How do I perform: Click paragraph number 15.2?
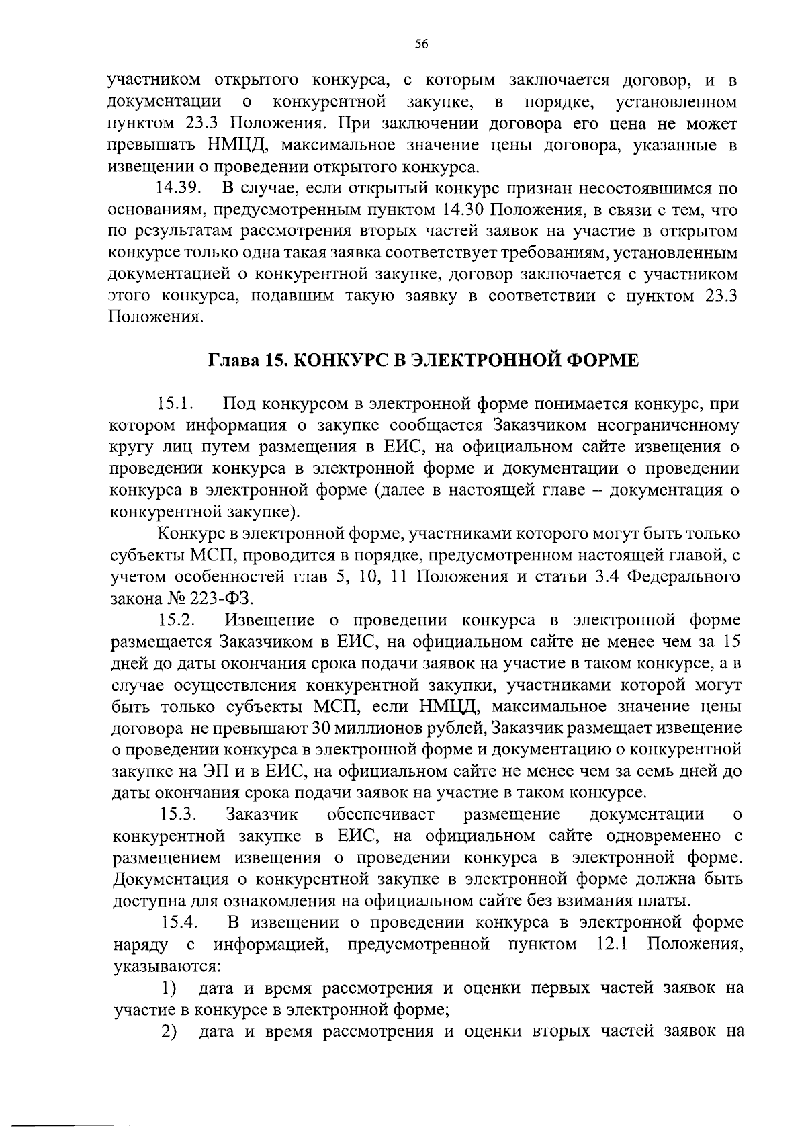177,619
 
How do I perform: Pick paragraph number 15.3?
177,814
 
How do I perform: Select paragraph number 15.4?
178,922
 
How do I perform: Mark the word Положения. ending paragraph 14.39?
156,317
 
